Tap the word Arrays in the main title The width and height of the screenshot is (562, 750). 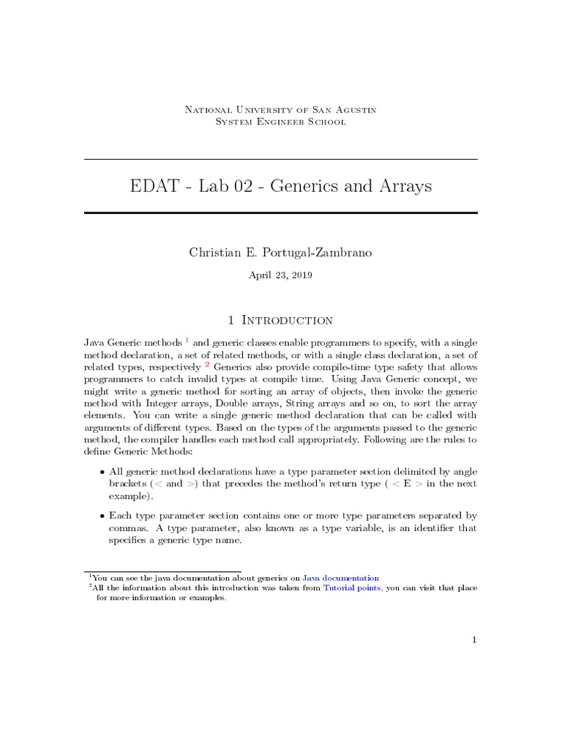402,187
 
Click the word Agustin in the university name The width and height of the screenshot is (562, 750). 353,109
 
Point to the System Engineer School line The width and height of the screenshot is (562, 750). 281,122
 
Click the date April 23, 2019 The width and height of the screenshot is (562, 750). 281,275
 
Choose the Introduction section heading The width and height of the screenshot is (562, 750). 287,320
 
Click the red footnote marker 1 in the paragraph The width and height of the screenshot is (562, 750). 187,340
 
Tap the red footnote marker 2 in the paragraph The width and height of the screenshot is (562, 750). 207,364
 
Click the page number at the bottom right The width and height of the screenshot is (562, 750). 474,640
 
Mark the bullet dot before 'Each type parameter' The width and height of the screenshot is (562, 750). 101,516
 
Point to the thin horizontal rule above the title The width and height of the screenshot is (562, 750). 281,160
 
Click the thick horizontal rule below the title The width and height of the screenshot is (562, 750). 281,213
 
